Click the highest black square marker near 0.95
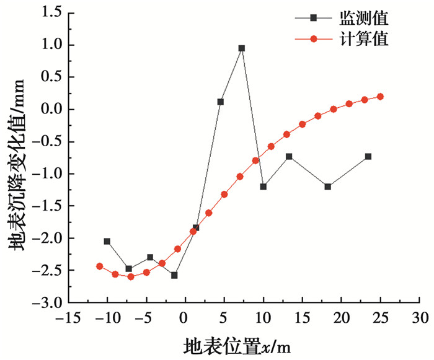point(242,48)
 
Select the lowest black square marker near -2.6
point(174,275)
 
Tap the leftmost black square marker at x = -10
point(107,242)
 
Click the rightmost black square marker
point(368,157)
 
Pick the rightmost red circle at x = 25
point(380,97)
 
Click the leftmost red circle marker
point(100,266)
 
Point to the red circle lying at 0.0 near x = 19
point(334,109)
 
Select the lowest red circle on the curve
point(131,277)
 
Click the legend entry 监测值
point(364,18)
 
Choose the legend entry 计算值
point(364,39)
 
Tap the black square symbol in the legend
point(313,18)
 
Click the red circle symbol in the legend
point(313,39)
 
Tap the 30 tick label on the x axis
point(420,318)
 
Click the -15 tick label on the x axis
point(68,318)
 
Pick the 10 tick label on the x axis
point(263,318)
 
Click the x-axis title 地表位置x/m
point(237,346)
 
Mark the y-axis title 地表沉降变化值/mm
point(17,165)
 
